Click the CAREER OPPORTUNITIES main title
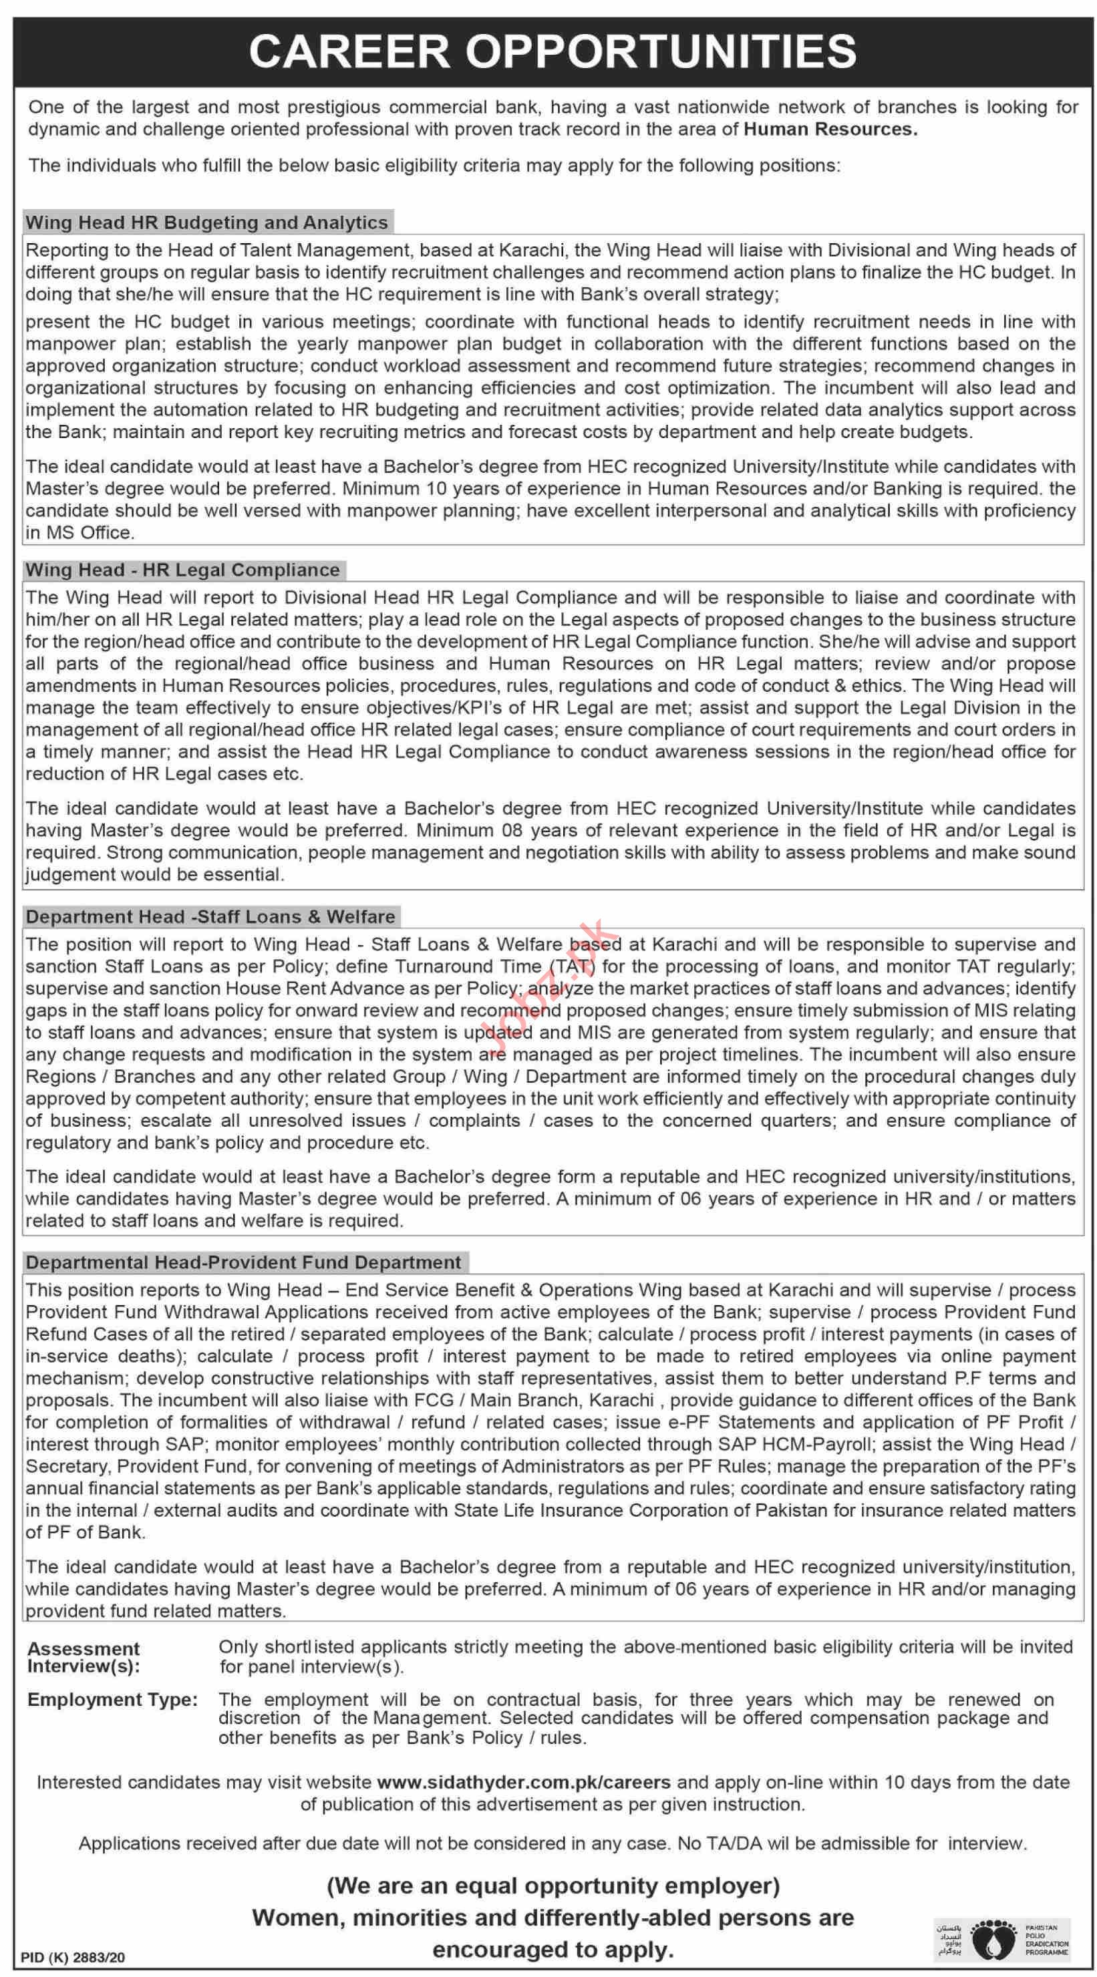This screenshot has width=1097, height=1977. (552, 51)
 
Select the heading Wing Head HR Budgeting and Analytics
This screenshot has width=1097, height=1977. (206, 222)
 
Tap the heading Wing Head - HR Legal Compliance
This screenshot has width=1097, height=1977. (182, 570)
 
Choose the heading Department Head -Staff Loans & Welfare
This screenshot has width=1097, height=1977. (210, 916)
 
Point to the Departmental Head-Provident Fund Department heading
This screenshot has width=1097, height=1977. (243, 1262)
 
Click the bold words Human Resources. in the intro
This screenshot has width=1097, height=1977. (830, 129)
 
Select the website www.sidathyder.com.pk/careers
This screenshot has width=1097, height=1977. (524, 1782)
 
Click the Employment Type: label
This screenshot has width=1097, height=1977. (112, 1700)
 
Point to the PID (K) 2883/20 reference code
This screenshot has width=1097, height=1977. (72, 1958)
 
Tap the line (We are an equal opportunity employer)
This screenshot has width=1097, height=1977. (553, 1885)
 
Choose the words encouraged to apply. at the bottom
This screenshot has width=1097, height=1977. (553, 1950)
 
